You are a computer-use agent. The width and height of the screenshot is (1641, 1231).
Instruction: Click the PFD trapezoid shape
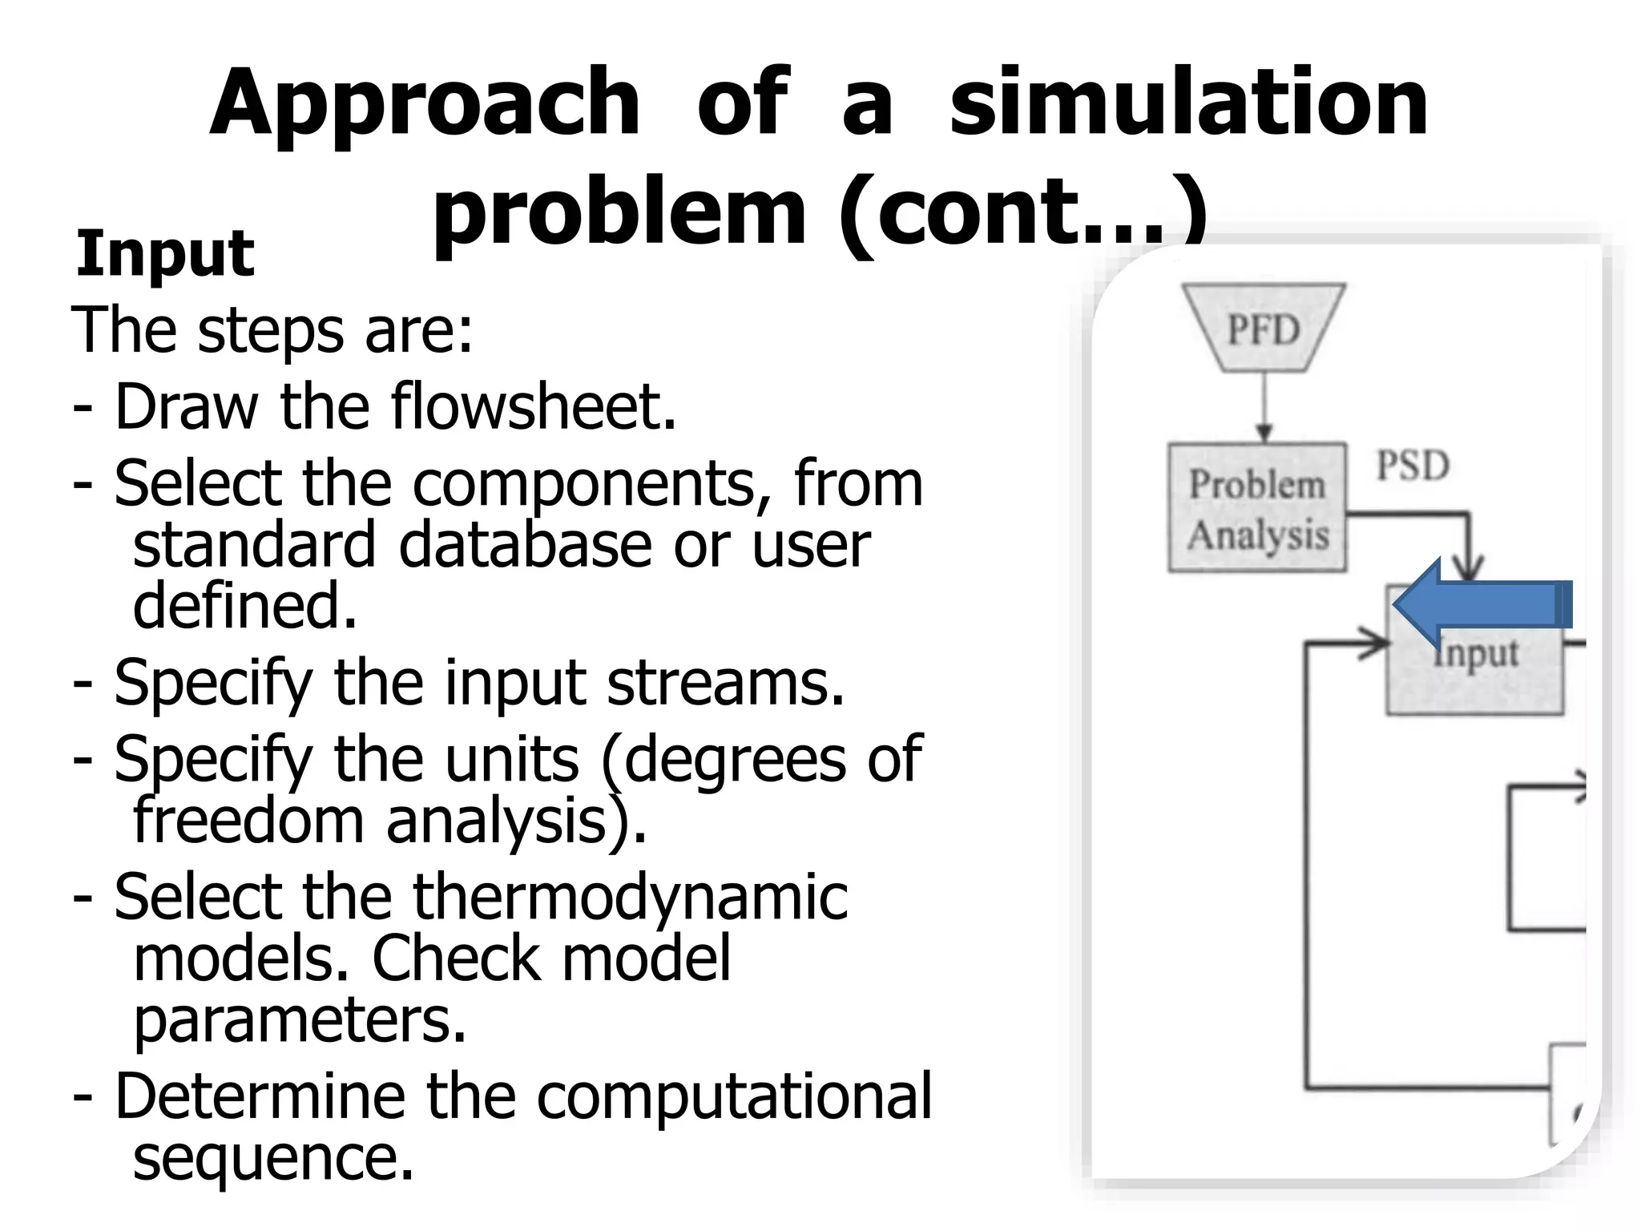pyautogui.click(x=1264, y=329)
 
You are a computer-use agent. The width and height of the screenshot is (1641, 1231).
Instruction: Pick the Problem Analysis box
pyautogui.click(x=1256, y=508)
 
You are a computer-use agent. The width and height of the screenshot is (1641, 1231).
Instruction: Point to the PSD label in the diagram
pyautogui.click(x=1413, y=466)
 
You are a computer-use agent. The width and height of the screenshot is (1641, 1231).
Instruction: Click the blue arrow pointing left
pyautogui.click(x=1482, y=603)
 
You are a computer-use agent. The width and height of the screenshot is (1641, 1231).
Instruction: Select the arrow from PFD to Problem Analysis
pyautogui.click(x=1264, y=407)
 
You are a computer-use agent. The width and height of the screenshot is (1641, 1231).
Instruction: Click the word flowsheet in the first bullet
pyautogui.click(x=534, y=407)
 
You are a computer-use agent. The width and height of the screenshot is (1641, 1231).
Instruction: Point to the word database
pyautogui.click(x=526, y=545)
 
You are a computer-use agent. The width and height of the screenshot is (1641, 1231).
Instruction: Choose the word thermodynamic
pyautogui.click(x=630, y=897)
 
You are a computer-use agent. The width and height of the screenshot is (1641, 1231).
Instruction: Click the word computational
pyautogui.click(x=734, y=1096)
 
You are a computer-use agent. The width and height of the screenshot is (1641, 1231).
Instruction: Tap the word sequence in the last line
pyautogui.click(x=272, y=1158)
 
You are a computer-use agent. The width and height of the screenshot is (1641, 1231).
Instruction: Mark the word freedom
pyautogui.click(x=248, y=821)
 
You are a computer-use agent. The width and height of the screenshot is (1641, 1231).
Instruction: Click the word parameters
pyautogui.click(x=300, y=1021)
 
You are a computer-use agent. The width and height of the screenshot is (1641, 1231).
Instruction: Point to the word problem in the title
pyautogui.click(x=619, y=212)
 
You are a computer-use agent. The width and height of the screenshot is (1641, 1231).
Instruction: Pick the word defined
pyautogui.click(x=244, y=605)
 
